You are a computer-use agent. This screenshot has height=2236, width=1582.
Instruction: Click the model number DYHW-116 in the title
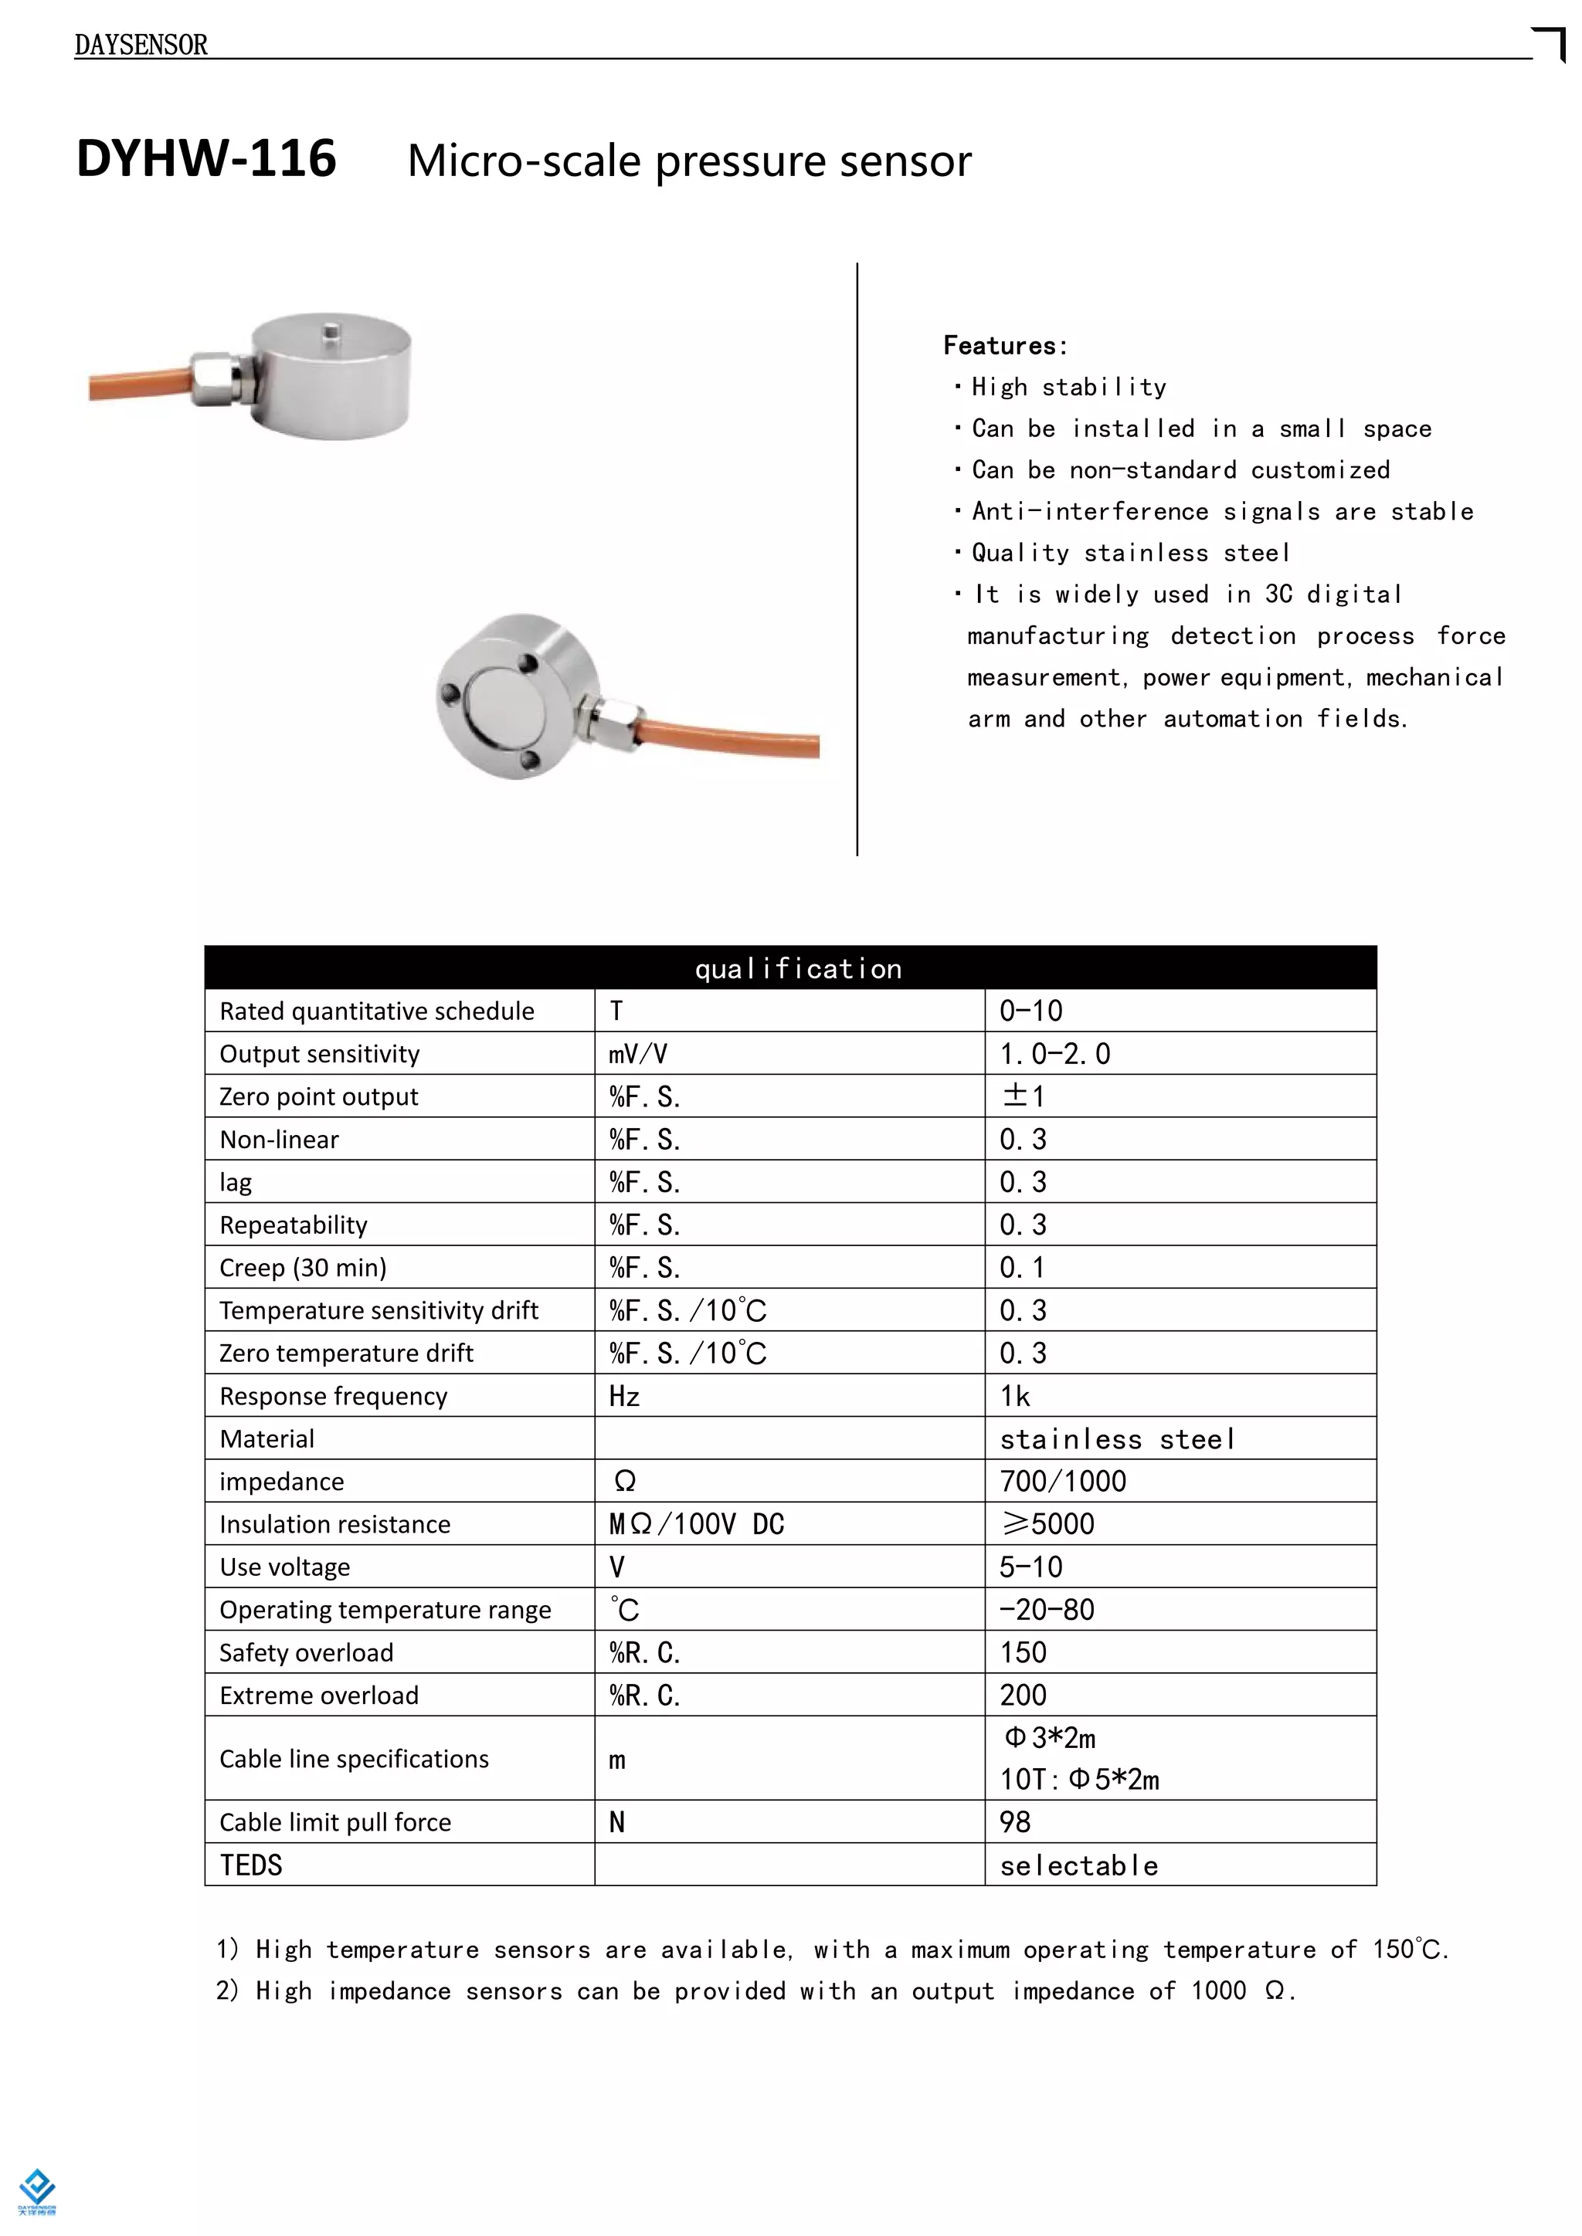point(206,159)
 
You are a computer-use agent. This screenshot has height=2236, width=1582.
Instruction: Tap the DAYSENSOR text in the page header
point(141,45)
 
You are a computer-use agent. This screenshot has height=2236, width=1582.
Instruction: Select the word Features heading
point(1003,346)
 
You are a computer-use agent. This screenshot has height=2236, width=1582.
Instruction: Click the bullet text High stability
point(1068,388)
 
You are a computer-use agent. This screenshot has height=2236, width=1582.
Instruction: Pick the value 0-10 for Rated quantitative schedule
point(1030,1011)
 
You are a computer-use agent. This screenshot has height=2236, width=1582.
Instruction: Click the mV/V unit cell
point(638,1054)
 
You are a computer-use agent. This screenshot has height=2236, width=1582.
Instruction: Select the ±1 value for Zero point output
point(1023,1096)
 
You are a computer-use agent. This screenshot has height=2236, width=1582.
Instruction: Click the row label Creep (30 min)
point(303,1267)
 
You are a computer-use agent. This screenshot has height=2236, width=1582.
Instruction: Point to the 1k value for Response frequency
point(1015,1395)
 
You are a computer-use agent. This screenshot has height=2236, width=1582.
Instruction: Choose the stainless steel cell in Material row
point(1117,1438)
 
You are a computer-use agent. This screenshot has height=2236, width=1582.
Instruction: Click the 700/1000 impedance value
point(1063,1481)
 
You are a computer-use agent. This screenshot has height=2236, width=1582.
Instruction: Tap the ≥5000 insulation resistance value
point(1047,1524)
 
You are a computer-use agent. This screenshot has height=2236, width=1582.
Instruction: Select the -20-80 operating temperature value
point(1046,1610)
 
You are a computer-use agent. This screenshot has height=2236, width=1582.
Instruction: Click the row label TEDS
point(250,1865)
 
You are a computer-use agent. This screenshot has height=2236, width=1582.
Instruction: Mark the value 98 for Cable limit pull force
point(1015,1822)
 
